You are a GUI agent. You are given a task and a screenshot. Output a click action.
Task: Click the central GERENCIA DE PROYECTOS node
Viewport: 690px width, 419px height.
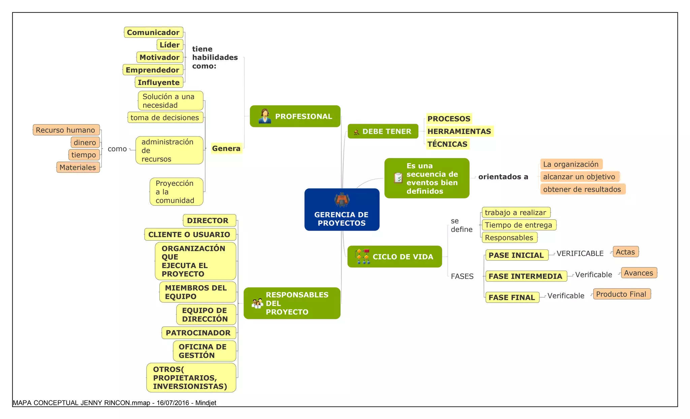point(342,210)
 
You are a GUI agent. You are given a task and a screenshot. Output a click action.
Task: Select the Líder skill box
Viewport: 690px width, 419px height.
point(170,45)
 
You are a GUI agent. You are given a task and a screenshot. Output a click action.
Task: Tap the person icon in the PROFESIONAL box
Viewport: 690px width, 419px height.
point(265,116)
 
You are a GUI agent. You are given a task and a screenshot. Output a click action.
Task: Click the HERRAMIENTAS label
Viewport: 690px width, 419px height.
point(459,131)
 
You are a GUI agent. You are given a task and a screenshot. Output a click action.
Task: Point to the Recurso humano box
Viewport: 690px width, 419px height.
point(66,130)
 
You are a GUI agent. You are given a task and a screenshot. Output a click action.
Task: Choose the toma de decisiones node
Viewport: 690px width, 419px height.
point(165,118)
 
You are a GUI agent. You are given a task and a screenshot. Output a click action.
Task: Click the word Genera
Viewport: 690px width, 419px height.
point(226,148)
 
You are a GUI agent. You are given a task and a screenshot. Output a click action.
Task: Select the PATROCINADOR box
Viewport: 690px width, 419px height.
point(198,333)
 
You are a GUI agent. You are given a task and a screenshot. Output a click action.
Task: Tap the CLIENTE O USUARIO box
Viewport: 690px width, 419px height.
point(189,234)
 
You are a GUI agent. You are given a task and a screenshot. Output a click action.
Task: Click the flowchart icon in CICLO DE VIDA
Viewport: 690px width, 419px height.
point(362,257)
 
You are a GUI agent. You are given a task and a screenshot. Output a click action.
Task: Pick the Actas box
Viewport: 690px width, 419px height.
point(625,252)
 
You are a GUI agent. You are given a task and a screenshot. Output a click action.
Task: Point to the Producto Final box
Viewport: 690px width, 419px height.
point(621,294)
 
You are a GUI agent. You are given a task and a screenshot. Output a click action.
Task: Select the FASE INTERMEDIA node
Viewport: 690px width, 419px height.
point(525,276)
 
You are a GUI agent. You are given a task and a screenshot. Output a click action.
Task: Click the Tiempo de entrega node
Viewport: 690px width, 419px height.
point(519,225)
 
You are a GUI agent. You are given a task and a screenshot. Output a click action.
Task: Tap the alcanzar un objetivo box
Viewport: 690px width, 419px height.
point(579,177)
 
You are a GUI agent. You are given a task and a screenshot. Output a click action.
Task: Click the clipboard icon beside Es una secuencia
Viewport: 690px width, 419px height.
point(398,178)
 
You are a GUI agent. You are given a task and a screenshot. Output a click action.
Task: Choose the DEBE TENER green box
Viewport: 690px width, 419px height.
point(383,131)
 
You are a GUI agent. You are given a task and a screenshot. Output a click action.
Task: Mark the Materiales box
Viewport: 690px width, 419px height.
point(78,167)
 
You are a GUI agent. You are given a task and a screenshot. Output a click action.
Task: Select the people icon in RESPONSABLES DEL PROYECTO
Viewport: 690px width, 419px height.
point(257,303)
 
